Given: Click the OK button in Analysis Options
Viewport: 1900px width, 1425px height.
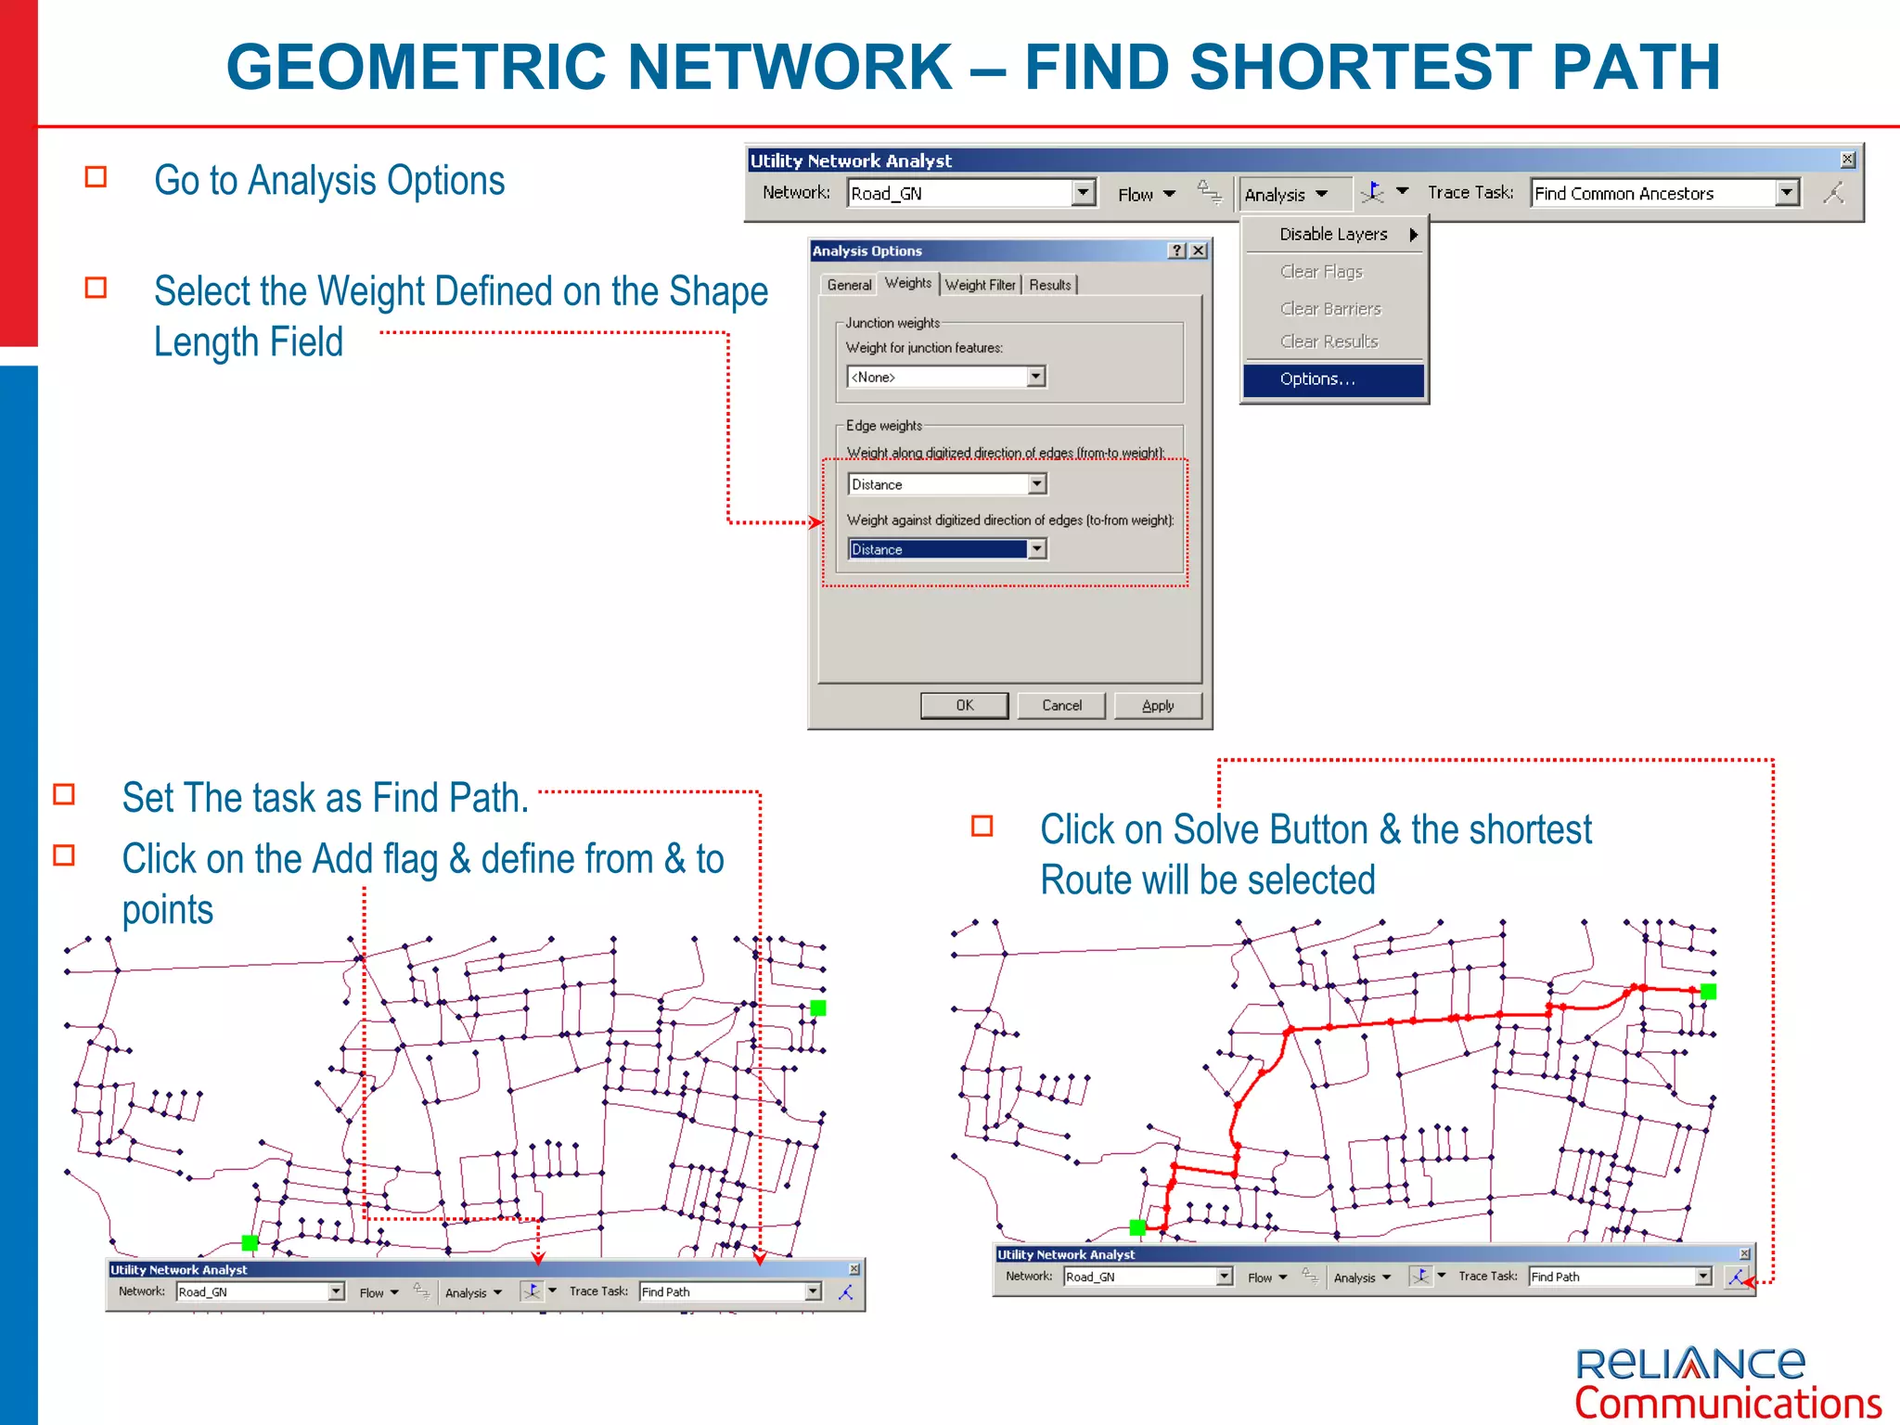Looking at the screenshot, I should point(964,706).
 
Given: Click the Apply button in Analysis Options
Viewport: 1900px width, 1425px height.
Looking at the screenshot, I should point(1157,706).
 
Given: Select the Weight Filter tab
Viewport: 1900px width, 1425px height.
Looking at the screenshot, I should point(981,285).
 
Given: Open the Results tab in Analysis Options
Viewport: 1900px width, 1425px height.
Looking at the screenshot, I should point(1050,285).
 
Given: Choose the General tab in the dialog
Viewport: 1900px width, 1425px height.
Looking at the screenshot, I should point(849,285).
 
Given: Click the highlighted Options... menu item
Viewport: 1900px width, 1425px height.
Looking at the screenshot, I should point(1332,379).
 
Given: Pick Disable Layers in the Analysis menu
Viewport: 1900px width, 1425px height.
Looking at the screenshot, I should point(1334,235).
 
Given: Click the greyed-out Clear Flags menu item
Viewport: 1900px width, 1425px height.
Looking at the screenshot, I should point(1321,272).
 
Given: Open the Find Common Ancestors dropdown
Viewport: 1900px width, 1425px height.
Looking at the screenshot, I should point(1787,193).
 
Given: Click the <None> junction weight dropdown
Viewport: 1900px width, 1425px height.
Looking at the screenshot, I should point(946,377).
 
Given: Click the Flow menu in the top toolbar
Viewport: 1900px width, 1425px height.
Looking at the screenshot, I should point(1146,194).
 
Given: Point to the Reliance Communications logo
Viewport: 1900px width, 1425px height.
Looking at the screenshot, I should point(1727,1382).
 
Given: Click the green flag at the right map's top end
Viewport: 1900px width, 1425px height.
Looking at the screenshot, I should point(1708,992).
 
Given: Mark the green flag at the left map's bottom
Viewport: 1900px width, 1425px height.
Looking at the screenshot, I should point(250,1242).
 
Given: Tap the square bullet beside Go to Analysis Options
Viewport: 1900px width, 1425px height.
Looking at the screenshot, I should point(96,176).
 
